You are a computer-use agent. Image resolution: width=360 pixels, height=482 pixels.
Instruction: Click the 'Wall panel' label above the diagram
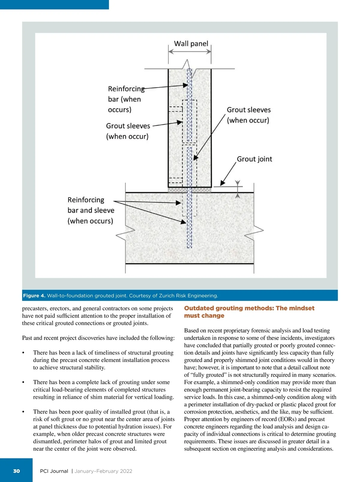[x=191, y=44]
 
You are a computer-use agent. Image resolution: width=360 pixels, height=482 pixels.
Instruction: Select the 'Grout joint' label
[x=254, y=159]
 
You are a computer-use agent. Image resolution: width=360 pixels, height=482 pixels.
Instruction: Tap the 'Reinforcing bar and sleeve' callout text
[x=91, y=210]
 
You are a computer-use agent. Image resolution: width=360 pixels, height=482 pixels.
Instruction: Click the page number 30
[x=16, y=471]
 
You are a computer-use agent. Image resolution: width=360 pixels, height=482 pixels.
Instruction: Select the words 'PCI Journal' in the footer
[x=54, y=471]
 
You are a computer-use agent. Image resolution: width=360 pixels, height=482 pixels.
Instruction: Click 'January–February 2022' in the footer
[x=103, y=471]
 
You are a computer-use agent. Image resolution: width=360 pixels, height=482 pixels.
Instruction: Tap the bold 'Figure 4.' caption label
[x=34, y=296]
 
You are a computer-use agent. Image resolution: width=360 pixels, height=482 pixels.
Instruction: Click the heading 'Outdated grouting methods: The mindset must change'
[x=249, y=312]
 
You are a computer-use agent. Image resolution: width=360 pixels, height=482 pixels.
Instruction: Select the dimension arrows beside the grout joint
[x=238, y=189]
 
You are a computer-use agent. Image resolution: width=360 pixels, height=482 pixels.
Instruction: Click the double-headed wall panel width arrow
[x=190, y=52]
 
